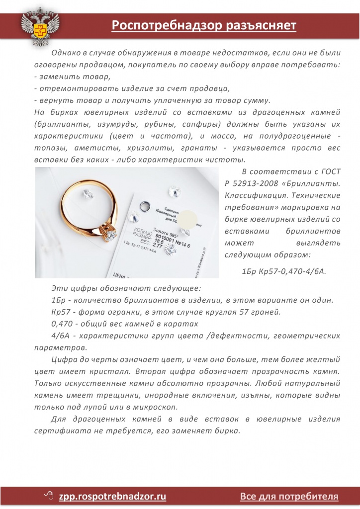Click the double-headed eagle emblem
point(40,28)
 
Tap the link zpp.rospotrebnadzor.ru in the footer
point(112,496)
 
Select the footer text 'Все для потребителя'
point(289,496)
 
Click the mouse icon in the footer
point(49,496)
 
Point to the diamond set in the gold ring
point(110,233)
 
